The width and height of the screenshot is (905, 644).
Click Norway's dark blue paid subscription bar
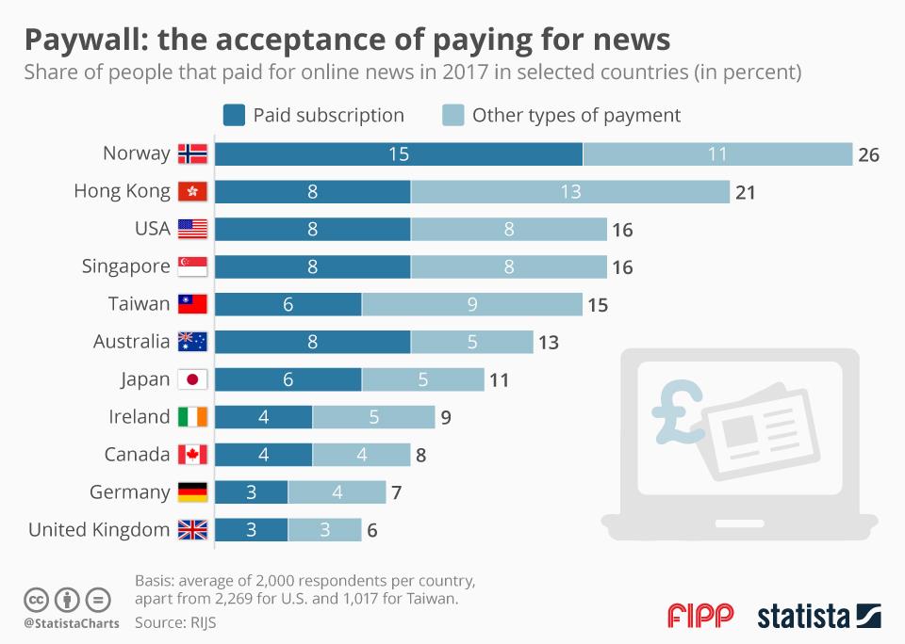[x=399, y=153]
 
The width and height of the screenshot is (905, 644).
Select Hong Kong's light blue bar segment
[x=570, y=191]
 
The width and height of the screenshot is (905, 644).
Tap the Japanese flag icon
[x=192, y=379]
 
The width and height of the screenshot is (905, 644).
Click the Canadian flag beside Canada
[x=192, y=455]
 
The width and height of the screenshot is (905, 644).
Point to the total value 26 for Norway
[x=868, y=154]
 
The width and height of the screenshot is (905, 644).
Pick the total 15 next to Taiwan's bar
[x=597, y=305]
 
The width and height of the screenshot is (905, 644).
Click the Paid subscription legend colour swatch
[x=234, y=116]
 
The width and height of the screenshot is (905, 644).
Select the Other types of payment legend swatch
[x=452, y=116]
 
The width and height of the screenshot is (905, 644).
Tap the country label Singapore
[x=126, y=266]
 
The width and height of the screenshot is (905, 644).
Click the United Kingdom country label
[x=99, y=530]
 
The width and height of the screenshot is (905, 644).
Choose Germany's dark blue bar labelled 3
[x=252, y=492]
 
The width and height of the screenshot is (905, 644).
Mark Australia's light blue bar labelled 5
[x=472, y=342]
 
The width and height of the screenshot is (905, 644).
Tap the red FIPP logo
[x=700, y=617]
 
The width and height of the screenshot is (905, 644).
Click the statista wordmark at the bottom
[x=804, y=617]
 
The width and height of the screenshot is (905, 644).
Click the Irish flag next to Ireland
[x=192, y=417]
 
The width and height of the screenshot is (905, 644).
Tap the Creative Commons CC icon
[x=36, y=598]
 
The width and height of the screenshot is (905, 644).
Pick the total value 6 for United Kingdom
[x=372, y=531]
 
